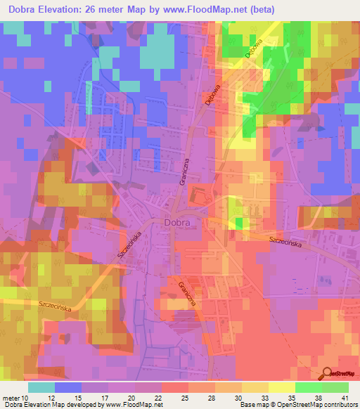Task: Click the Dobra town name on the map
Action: click(x=182, y=222)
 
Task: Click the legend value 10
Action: click(x=26, y=398)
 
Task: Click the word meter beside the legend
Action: click(x=12, y=398)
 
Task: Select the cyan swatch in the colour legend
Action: click(x=41, y=387)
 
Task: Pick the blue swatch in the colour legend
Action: click(x=68, y=387)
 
